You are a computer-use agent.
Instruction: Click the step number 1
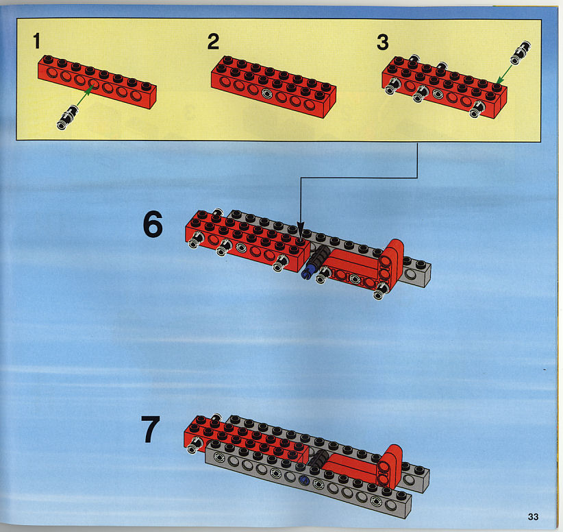pyautogui.click(x=36, y=41)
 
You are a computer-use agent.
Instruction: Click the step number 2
pyautogui.click(x=213, y=42)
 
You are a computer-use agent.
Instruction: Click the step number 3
pyautogui.click(x=383, y=42)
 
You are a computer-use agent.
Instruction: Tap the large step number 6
pyautogui.click(x=153, y=224)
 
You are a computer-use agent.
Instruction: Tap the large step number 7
pyautogui.click(x=150, y=429)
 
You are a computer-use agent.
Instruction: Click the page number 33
pyautogui.click(x=533, y=516)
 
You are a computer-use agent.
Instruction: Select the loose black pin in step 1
pyautogui.click(x=68, y=117)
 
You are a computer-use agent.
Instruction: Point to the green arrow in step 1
pyautogui.click(x=84, y=97)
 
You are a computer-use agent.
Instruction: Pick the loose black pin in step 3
pyautogui.click(x=521, y=53)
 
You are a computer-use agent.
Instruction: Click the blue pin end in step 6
pyautogui.click(x=306, y=274)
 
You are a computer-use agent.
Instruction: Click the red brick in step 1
pyautogui.click(x=97, y=82)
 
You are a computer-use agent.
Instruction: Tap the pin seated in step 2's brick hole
pyautogui.click(x=267, y=93)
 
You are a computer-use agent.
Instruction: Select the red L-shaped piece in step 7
pyautogui.click(x=390, y=465)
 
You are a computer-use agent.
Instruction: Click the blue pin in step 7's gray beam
pyautogui.click(x=304, y=479)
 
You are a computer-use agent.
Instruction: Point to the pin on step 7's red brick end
pyautogui.click(x=195, y=445)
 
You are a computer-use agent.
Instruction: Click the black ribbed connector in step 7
pyautogui.click(x=318, y=459)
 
